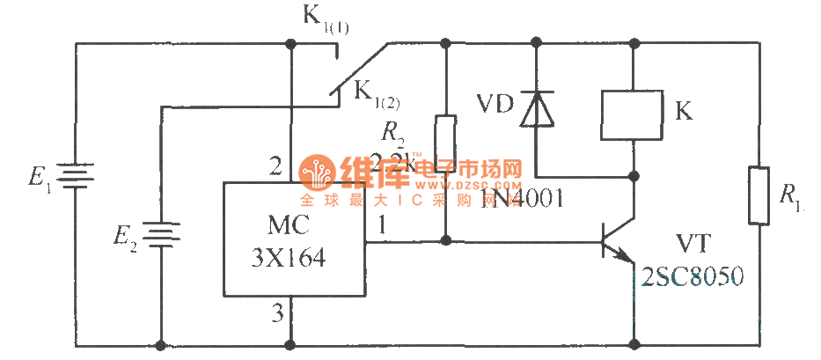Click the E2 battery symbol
click(161, 235)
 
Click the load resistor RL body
click(759, 195)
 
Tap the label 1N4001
click(523, 201)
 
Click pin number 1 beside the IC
click(381, 226)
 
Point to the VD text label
click(492, 101)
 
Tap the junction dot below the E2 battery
click(161, 344)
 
